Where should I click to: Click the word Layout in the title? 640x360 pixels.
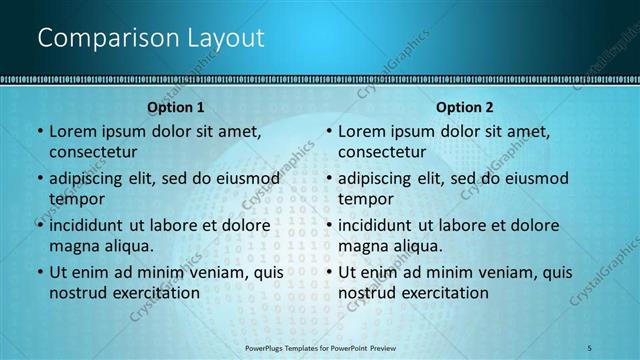[225, 39]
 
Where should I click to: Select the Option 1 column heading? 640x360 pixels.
[176, 107]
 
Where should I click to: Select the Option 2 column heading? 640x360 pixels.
[465, 107]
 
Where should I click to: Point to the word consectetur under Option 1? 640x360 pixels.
[93, 152]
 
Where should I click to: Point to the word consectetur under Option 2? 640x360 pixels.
[382, 152]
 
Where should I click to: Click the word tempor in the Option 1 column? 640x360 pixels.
[75, 199]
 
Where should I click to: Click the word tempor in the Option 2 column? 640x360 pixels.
[365, 199]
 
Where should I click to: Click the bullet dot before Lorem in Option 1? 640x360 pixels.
[39, 131]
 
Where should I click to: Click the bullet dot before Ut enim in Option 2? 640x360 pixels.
[329, 272]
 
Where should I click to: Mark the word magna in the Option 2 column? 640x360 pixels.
[365, 246]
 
